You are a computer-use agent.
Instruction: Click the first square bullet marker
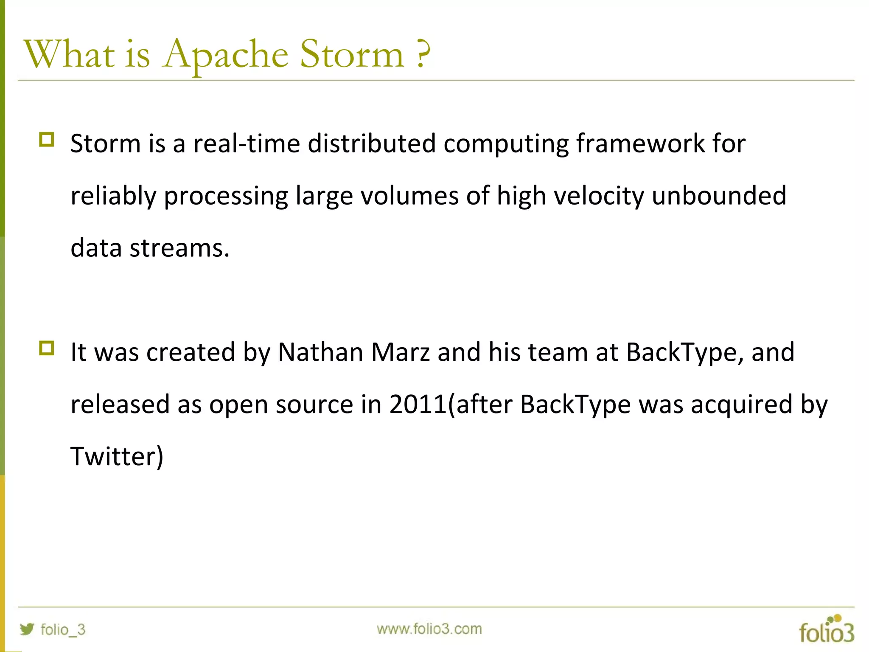coord(47,140)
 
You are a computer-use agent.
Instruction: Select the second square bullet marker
coord(47,348)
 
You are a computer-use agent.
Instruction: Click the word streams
coord(179,248)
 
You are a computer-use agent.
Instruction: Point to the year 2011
coord(418,405)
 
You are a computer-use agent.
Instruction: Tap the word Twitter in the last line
coord(113,456)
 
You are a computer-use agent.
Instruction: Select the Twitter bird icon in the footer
coord(27,629)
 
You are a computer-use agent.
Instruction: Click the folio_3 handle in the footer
coord(63,629)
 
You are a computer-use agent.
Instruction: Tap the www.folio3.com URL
coord(429,629)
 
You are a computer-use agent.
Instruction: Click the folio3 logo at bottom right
coord(826,630)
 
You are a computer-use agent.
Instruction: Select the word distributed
coord(372,143)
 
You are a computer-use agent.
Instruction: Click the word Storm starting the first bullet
coord(105,143)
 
